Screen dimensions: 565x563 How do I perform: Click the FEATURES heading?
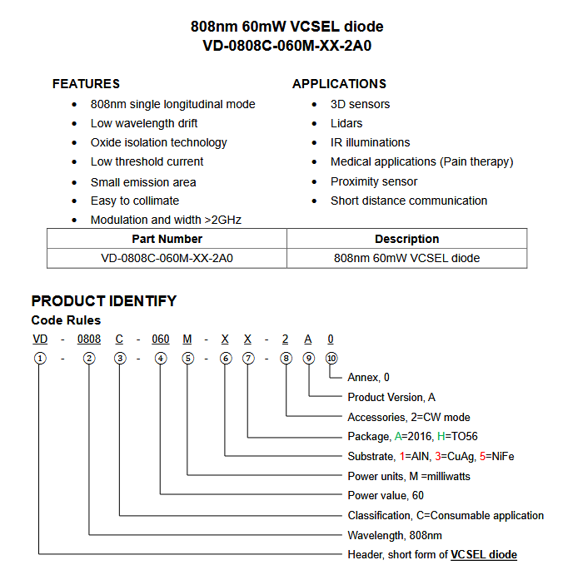pos(86,84)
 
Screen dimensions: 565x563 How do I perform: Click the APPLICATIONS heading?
pos(339,84)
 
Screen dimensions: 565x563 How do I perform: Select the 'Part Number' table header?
pos(167,239)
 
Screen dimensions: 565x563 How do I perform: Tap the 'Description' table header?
pos(406,239)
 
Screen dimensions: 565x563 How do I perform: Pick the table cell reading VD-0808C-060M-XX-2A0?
pos(167,258)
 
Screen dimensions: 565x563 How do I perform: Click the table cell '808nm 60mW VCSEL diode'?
pos(406,258)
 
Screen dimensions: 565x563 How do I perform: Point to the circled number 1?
pos(39,359)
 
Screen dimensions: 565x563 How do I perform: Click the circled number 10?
pos(331,359)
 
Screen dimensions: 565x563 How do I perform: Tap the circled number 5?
pos(187,359)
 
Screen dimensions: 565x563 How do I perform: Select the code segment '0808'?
pos(89,339)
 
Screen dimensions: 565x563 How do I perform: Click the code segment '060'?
pos(161,339)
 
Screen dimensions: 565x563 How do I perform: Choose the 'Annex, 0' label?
pos(368,377)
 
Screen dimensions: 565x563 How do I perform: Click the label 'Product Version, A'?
pos(391,397)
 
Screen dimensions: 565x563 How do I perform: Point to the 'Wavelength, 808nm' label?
pos(395,535)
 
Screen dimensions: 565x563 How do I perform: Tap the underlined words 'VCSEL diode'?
pos(484,555)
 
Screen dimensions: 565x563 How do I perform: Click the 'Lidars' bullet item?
pos(346,123)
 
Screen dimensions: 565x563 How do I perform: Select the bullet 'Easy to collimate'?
pos(135,201)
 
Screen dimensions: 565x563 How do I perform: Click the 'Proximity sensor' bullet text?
pos(374,181)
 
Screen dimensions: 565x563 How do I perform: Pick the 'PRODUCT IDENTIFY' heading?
pos(104,301)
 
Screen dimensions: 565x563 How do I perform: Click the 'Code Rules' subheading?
pos(66,320)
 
